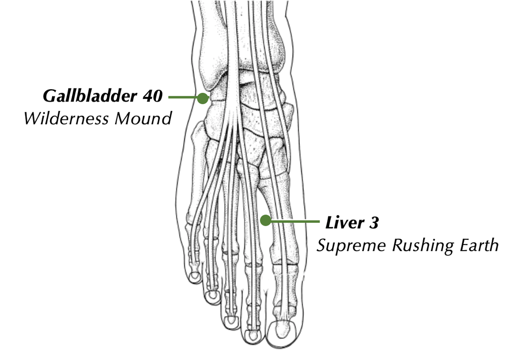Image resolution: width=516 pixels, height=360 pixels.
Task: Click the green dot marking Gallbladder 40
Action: [x=202, y=97]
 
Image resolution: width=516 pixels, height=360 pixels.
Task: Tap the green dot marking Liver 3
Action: [x=265, y=221]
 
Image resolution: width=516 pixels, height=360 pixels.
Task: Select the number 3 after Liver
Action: [x=374, y=223]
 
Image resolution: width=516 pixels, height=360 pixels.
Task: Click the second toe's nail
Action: [x=253, y=336]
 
